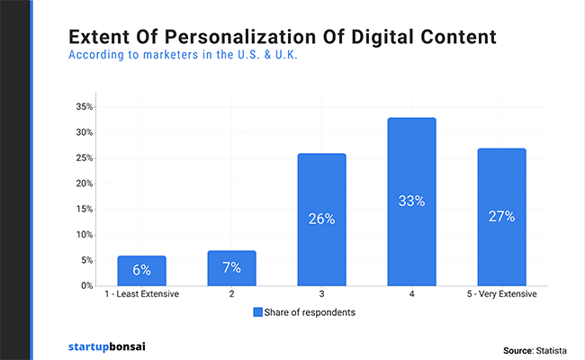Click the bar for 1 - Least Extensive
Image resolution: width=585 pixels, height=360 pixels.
(141, 271)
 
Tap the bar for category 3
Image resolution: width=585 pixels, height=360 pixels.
(321, 220)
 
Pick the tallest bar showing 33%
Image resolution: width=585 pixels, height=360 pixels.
(411, 202)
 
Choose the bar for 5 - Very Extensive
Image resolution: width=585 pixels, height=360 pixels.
(501, 217)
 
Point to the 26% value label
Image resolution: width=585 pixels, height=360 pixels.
(321, 219)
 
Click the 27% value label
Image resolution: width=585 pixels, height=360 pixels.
(501, 216)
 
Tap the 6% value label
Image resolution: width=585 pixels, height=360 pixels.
(141, 271)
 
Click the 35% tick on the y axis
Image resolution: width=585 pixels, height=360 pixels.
(83, 107)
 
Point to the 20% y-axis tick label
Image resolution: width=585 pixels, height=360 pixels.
(83, 184)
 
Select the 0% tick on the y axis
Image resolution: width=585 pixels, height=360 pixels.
(85, 286)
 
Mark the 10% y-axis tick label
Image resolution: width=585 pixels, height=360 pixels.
(83, 235)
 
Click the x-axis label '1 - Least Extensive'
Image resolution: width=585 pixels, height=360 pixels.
(141, 295)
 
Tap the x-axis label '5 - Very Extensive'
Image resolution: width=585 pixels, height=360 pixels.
(501, 295)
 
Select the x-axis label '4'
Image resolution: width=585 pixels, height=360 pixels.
(411, 295)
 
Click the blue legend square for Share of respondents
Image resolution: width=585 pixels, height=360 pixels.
(256, 313)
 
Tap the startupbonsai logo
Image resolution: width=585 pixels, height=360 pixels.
(106, 346)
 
